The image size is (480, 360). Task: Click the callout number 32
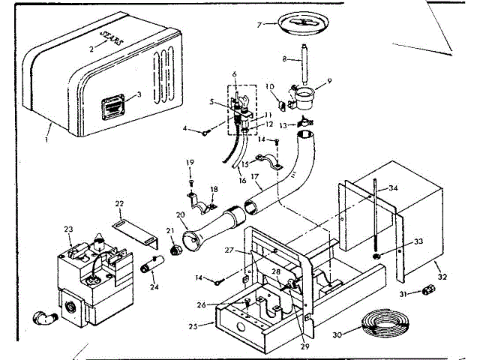[x=442, y=277]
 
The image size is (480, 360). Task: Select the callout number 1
[x=46, y=139]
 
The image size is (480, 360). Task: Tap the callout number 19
[x=190, y=163]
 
